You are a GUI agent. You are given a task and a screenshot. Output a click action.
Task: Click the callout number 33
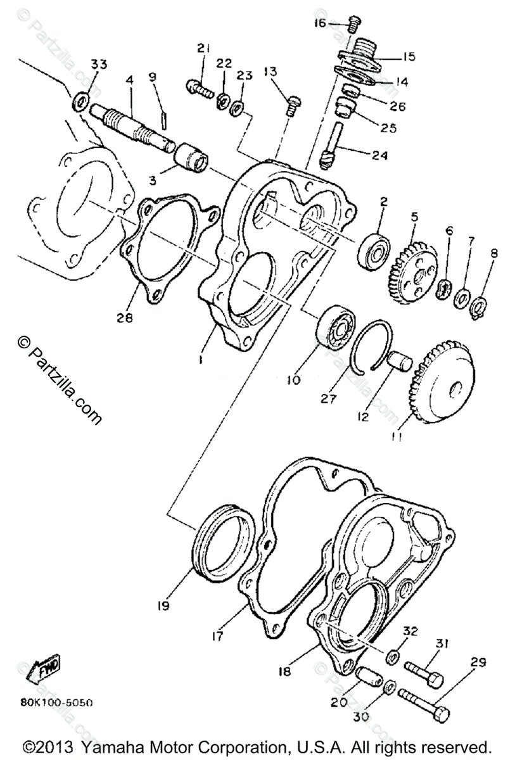[x=99, y=65]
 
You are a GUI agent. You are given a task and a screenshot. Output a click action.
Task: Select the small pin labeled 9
[x=164, y=118]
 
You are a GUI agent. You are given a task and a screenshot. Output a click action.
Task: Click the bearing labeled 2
[x=376, y=250]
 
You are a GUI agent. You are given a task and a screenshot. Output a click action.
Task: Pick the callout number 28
[x=125, y=319]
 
